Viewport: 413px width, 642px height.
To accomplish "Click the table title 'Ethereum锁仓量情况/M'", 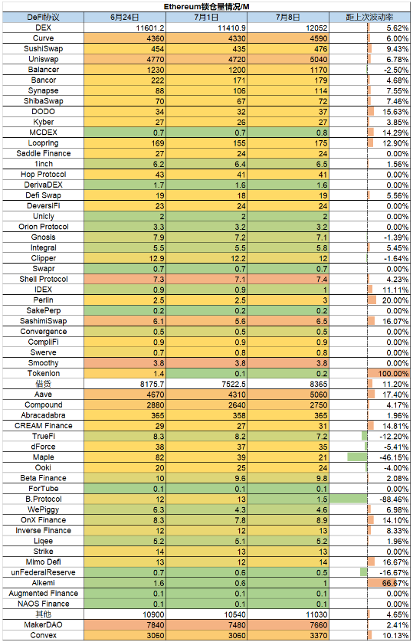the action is click(206, 7).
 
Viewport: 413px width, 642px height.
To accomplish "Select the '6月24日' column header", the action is click(124, 17).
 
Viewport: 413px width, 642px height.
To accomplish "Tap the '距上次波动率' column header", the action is click(369, 17).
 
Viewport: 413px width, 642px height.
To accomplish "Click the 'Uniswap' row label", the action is click(44, 59).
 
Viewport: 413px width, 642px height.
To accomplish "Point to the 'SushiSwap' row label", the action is click(44, 49).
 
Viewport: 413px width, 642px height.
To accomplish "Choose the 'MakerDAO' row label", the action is click(44, 625).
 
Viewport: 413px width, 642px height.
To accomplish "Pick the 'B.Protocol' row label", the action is click(44, 499).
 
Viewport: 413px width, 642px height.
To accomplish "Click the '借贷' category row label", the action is click(44, 384).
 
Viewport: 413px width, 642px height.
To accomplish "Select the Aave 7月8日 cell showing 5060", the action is click(288, 395).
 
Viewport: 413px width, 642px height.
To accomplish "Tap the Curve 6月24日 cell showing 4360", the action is click(125, 38).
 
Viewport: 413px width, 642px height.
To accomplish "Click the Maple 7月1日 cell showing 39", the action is click(206, 457).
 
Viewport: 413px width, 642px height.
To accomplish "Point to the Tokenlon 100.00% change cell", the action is click(388, 373).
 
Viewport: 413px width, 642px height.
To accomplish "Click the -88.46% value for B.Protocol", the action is click(394, 500).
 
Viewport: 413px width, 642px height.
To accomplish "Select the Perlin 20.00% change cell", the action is click(388, 300).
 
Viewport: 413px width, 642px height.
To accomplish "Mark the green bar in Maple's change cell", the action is click(357, 457).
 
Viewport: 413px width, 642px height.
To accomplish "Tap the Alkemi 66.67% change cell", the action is click(388, 583).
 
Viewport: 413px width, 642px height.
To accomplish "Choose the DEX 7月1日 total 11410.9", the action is click(231, 28).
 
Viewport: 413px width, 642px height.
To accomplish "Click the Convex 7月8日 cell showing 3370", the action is click(288, 635).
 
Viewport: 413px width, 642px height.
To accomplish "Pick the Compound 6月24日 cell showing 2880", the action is click(125, 405).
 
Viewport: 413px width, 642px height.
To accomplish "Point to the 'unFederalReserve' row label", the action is click(44, 572).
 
